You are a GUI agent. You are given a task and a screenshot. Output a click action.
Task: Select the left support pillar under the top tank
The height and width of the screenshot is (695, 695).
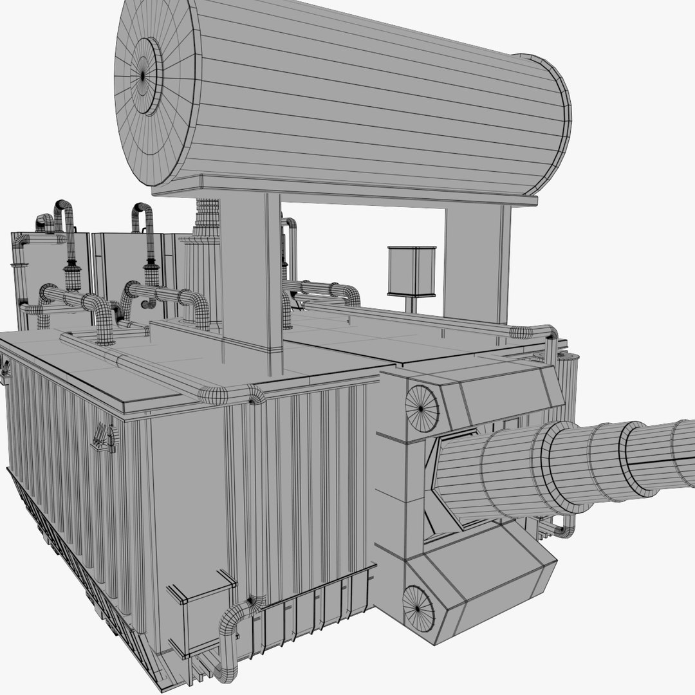click(251, 270)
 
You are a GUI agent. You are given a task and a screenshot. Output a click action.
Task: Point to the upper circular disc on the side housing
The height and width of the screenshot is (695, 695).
click(422, 409)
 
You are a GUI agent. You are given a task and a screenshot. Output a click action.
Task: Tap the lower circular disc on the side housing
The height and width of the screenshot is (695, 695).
click(418, 606)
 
